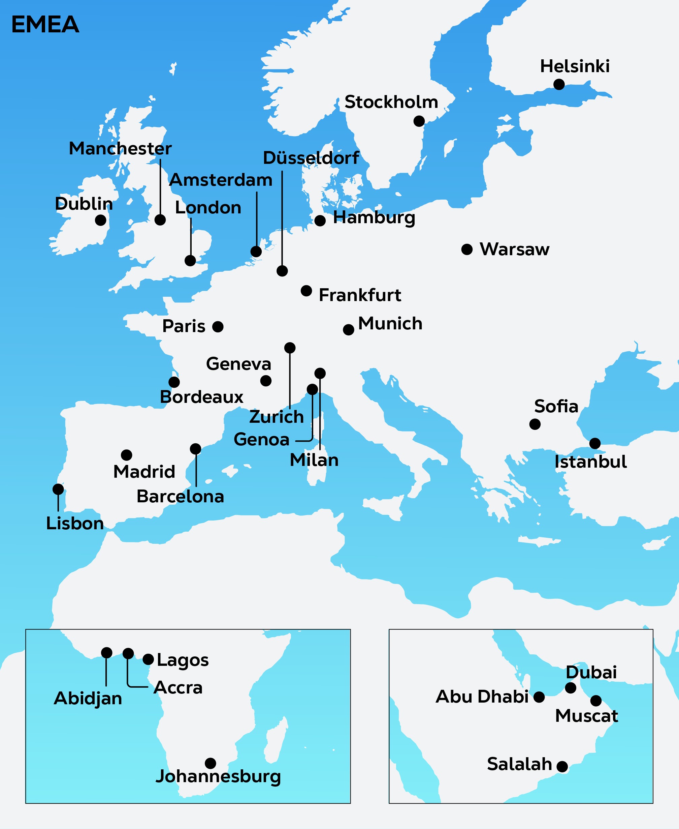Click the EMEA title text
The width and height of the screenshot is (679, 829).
[x=45, y=24]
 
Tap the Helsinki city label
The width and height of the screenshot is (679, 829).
[x=575, y=66]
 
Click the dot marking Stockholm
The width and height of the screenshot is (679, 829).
[x=419, y=121]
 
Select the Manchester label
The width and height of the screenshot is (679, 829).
[x=120, y=148]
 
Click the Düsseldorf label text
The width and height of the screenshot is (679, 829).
[x=311, y=158]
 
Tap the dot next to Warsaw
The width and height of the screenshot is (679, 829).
[x=466, y=249]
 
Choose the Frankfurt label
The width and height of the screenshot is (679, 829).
[x=360, y=295]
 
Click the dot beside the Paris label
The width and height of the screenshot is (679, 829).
[x=218, y=327]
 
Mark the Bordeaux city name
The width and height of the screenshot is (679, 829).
[x=201, y=397]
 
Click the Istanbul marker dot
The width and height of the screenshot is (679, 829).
[x=595, y=443]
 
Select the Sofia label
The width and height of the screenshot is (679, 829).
[x=556, y=406]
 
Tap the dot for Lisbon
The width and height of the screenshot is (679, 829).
[x=58, y=489]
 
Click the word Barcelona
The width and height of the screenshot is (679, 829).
[x=180, y=496]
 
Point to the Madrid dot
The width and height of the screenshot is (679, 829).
[x=126, y=455]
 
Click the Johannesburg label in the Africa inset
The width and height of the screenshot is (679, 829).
[x=218, y=776]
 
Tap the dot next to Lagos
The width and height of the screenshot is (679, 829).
[x=148, y=659]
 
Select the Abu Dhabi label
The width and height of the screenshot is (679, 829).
[x=482, y=697]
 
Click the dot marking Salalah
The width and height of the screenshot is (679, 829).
[x=562, y=767]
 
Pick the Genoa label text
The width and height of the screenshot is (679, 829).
[x=261, y=440]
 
